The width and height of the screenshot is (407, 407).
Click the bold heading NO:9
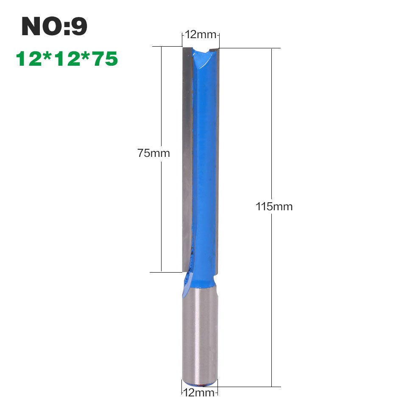click(54, 27)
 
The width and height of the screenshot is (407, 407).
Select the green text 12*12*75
click(67, 59)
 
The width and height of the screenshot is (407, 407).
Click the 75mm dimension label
click(153, 153)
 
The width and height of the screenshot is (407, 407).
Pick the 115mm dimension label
click(274, 207)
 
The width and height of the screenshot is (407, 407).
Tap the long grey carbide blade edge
click(187, 157)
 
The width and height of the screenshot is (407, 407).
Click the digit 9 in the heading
click(79, 27)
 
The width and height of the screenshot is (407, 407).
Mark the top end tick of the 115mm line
click(271, 48)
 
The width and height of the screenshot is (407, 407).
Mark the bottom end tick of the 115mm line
click(271, 387)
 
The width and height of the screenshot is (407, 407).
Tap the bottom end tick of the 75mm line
click(162, 271)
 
